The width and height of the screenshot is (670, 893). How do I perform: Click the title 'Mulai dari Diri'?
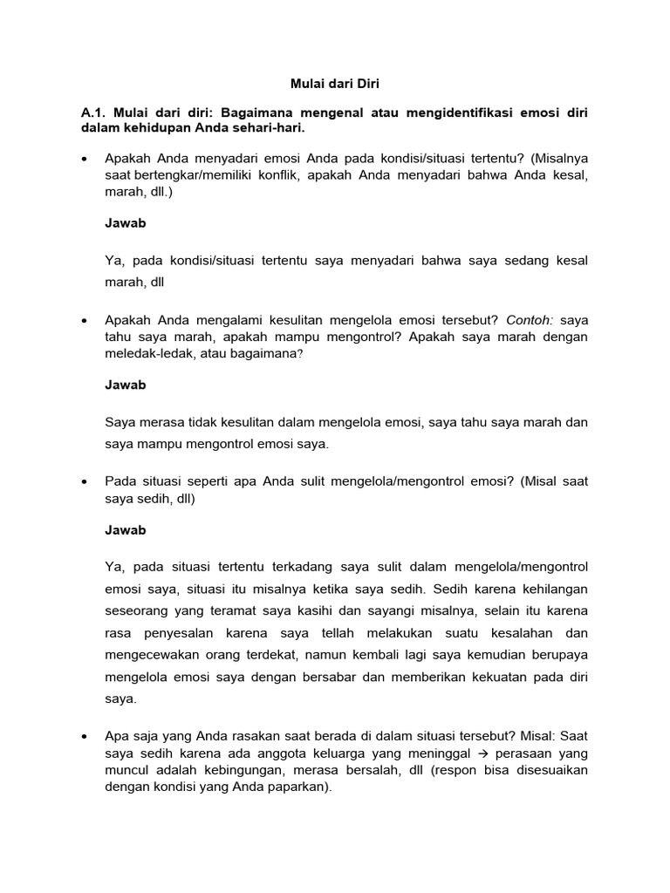[x=335, y=85]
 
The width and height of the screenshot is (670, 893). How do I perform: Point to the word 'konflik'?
[x=263, y=176]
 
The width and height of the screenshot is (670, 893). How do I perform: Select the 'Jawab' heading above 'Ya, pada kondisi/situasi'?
[x=125, y=223]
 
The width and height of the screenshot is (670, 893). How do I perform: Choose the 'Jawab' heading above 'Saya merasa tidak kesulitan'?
[x=125, y=385]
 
